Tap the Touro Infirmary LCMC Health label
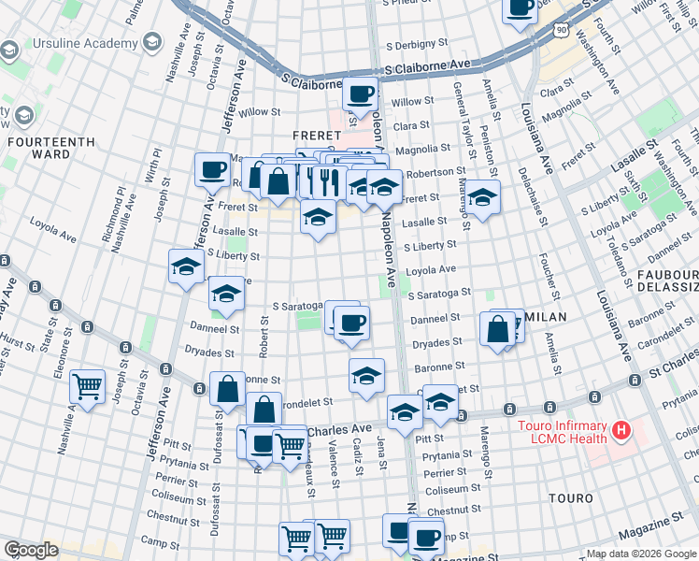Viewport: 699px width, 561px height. point(563,432)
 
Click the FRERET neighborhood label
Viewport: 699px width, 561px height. point(314,135)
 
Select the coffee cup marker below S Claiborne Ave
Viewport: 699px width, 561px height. point(361,93)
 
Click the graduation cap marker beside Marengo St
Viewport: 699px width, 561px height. point(482,197)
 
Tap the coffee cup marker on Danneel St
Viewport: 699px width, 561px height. point(351,323)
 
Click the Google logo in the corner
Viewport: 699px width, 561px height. point(30,550)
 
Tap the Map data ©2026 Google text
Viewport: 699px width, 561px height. point(641,554)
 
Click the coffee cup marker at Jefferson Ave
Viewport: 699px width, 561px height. point(213,169)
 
